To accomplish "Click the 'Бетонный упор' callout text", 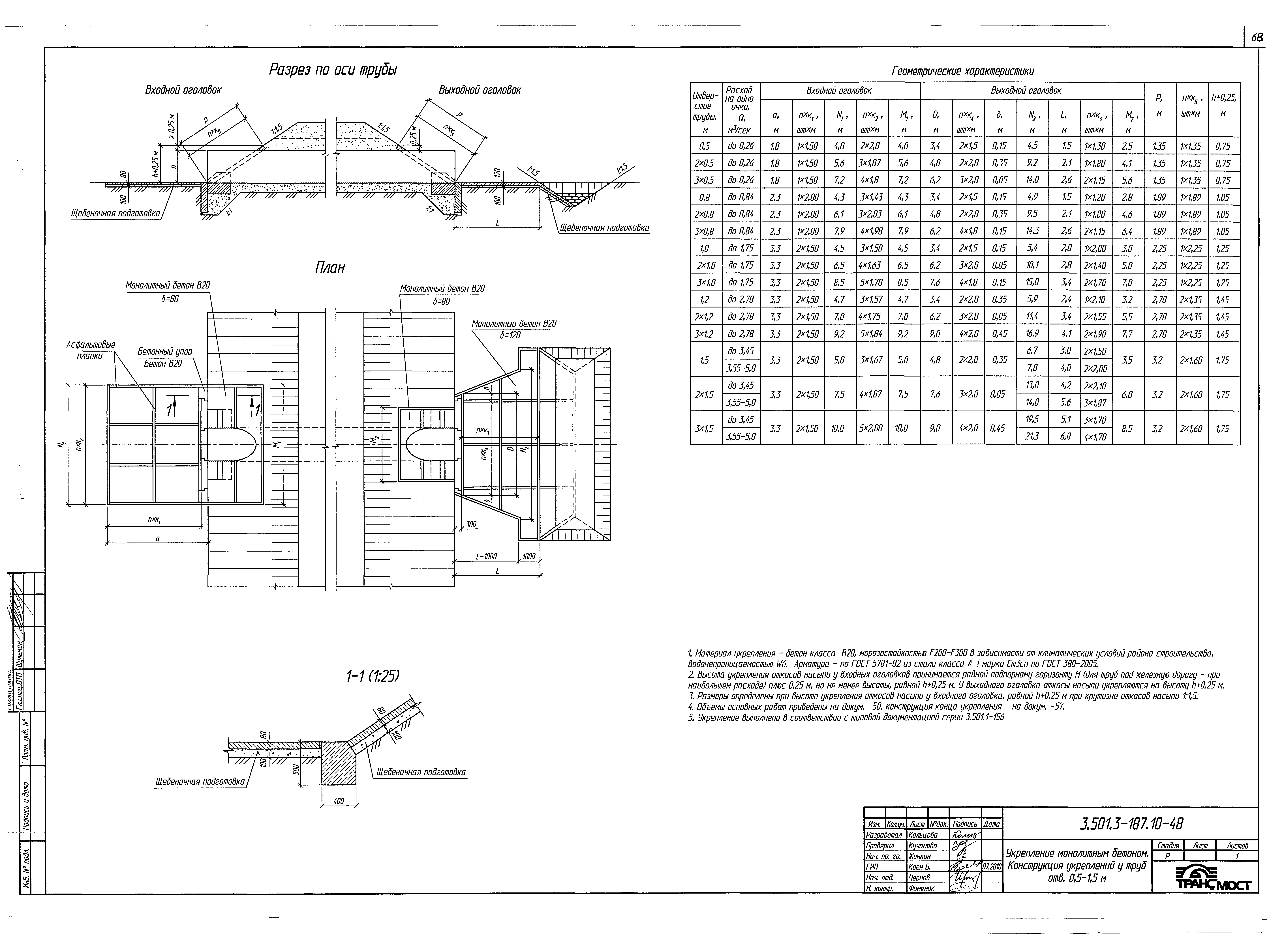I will click(x=165, y=352).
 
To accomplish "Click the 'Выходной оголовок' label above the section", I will click(x=480, y=90).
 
